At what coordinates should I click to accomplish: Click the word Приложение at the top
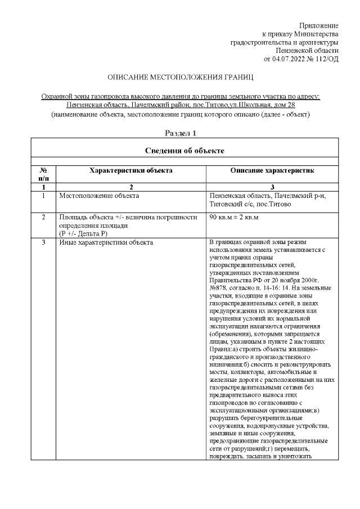318,26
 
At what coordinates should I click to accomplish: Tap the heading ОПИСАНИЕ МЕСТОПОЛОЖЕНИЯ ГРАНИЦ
181,76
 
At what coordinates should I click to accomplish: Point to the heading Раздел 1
181,133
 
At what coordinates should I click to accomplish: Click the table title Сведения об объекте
184,150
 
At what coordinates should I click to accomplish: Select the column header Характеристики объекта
130,170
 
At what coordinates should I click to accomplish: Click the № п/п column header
43,173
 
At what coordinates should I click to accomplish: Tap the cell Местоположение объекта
99,196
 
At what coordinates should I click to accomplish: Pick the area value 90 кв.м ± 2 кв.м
234,217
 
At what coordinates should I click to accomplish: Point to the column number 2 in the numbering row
130,186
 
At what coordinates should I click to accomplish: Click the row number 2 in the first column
43,217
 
